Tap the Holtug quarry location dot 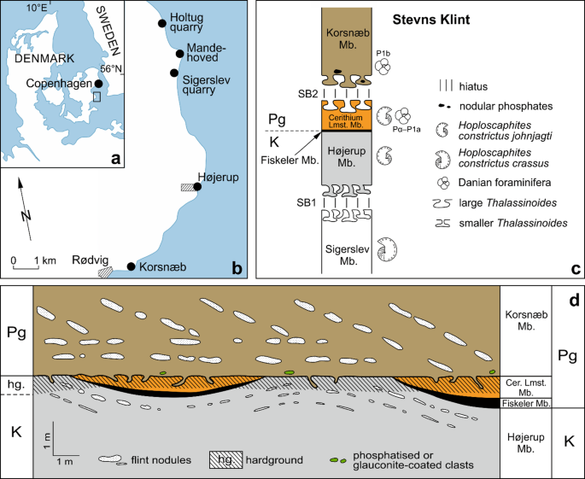163,24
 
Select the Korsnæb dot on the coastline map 132,267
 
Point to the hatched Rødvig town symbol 106,272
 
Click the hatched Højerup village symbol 187,186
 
